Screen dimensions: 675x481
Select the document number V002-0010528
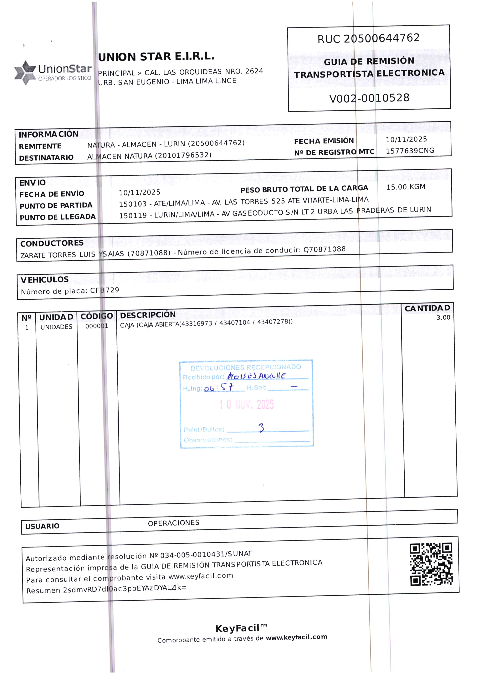(369, 98)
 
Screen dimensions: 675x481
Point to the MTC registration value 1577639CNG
(410, 151)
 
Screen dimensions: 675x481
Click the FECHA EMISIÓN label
(324, 141)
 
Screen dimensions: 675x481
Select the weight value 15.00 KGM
(406, 187)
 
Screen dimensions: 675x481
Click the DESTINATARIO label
(46, 158)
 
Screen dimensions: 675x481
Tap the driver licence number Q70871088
(324, 249)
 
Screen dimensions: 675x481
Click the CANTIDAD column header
(427, 308)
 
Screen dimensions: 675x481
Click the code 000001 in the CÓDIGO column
(97, 326)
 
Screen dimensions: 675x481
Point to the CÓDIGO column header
(97, 316)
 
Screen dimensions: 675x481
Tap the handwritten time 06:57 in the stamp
(219, 387)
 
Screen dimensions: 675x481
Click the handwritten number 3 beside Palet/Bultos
(261, 428)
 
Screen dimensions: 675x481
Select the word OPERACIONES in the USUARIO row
(174, 523)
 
